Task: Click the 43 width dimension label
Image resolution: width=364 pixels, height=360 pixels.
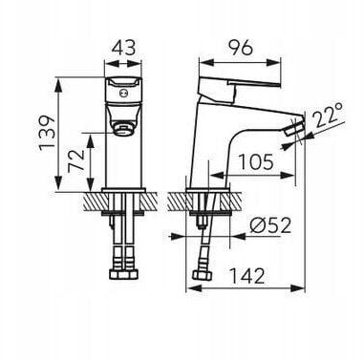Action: point(124,48)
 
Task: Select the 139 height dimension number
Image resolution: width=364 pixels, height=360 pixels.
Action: point(47,133)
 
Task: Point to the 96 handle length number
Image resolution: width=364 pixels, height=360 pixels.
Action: point(241,48)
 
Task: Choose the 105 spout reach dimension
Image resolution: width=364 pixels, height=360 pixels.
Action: point(256,161)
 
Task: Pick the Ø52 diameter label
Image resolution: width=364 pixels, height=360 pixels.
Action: point(270,225)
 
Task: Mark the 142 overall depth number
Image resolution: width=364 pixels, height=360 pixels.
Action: point(247,276)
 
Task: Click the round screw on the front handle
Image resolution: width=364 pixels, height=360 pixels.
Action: point(123,94)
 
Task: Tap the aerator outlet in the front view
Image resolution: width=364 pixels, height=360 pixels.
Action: point(123,128)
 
